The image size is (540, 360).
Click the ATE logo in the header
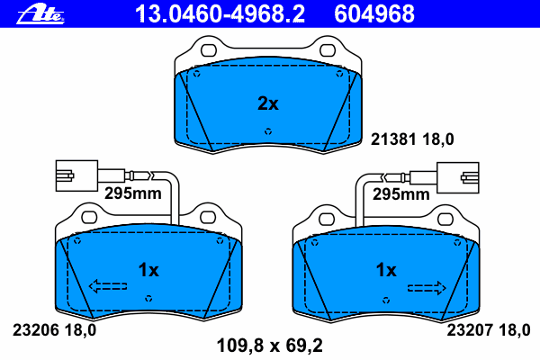pos(40,14)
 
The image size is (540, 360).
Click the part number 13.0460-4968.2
pos(220,13)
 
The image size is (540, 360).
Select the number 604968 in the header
pos(374,13)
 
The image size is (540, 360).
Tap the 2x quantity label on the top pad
pos(268,103)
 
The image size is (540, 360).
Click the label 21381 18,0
pos(412,139)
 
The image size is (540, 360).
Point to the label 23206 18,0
pos(54,330)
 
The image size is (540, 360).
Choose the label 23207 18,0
pos(489,330)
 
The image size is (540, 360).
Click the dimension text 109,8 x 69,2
pos(270,346)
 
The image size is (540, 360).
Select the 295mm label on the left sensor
pos(133,193)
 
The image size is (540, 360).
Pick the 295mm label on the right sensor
pos(401,194)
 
